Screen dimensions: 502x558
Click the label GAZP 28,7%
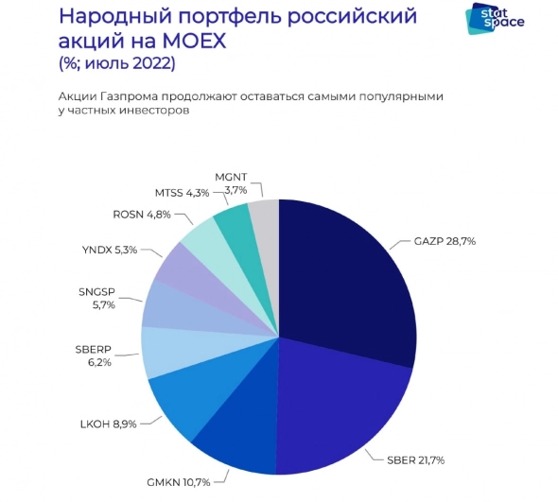coord(444,242)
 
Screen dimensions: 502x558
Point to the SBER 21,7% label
coord(413,460)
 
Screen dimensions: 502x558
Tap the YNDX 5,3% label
coord(111,251)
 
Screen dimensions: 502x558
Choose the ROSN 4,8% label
coord(142,215)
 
